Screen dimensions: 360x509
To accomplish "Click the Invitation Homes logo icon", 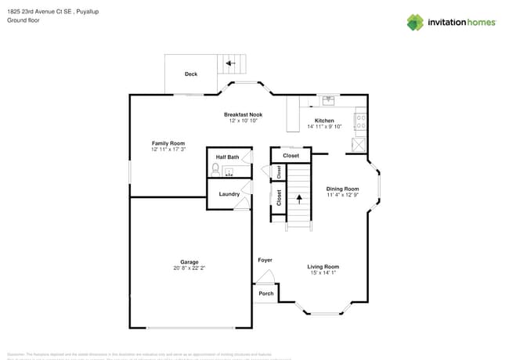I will click(x=414, y=22).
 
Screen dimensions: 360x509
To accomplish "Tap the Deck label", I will click(x=191, y=74).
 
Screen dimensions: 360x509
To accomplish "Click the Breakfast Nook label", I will click(x=243, y=114).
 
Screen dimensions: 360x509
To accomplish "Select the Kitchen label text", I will click(x=325, y=121).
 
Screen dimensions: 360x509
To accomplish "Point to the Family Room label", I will click(x=168, y=143).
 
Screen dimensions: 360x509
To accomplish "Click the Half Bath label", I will click(x=227, y=157).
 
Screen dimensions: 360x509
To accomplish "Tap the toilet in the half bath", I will click(x=219, y=169).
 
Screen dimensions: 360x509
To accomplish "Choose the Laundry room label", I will click(x=229, y=194).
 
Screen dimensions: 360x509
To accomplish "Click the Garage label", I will click(x=189, y=262).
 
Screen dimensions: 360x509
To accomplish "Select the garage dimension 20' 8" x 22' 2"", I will click(x=189, y=268).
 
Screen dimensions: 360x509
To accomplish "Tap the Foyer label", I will click(x=265, y=260).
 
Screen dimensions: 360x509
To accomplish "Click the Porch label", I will click(x=265, y=294).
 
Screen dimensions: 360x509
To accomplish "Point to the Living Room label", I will click(x=323, y=267).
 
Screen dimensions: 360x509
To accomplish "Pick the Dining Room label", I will click(x=342, y=189).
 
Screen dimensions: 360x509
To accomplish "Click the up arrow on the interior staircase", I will click(x=298, y=198).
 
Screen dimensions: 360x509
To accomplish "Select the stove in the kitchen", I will click(x=361, y=121).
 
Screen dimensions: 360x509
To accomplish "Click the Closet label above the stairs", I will click(x=291, y=156).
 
